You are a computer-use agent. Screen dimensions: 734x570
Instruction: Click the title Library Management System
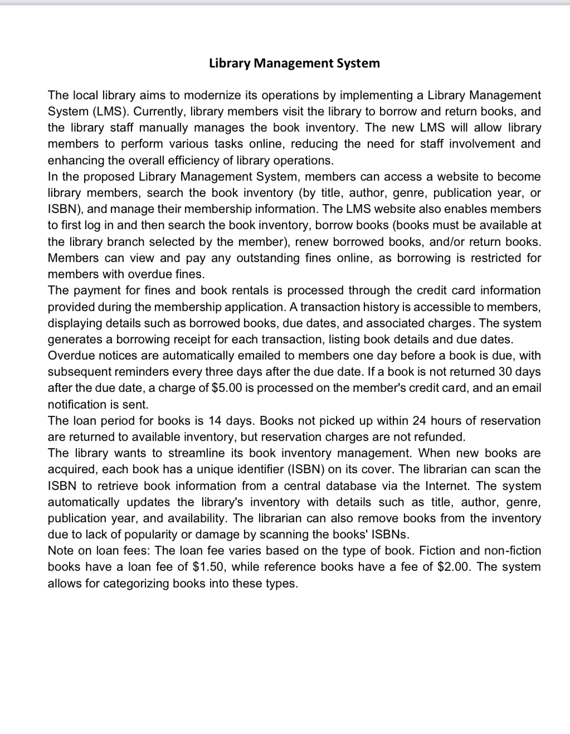click(x=294, y=63)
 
